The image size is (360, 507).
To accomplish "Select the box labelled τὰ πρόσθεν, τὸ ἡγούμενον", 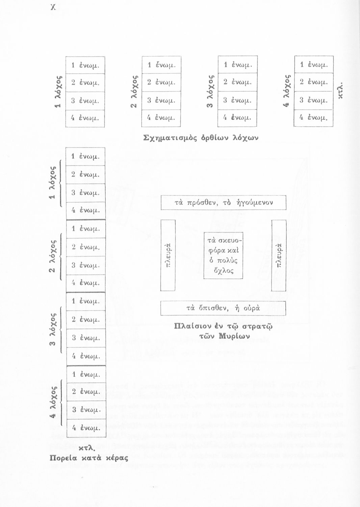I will coord(224,203).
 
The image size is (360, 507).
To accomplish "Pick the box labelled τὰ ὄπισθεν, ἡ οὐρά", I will coord(223,308).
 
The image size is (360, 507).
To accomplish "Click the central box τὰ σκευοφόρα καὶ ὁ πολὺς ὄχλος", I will coord(223,256).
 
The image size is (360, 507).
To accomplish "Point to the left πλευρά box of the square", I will coord(168,255).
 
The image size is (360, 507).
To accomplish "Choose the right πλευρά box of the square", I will coord(279,255).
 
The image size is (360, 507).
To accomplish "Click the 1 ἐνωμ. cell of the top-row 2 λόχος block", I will coord(161,65).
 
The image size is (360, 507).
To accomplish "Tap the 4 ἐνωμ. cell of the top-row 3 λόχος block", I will coord(238,118).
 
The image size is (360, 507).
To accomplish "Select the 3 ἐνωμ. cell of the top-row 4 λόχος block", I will coord(314,100).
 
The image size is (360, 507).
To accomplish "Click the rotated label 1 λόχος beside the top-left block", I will coord(58,91).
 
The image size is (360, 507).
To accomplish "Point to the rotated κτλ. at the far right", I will coord(341,90).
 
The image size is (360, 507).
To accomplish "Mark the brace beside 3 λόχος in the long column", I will coord(61,330).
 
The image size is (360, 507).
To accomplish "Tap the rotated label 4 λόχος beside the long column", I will coord(52,402).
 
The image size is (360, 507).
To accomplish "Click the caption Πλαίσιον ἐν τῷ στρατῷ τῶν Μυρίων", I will coord(223,331).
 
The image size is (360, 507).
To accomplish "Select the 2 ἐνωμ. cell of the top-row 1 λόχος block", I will coord(85,82).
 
